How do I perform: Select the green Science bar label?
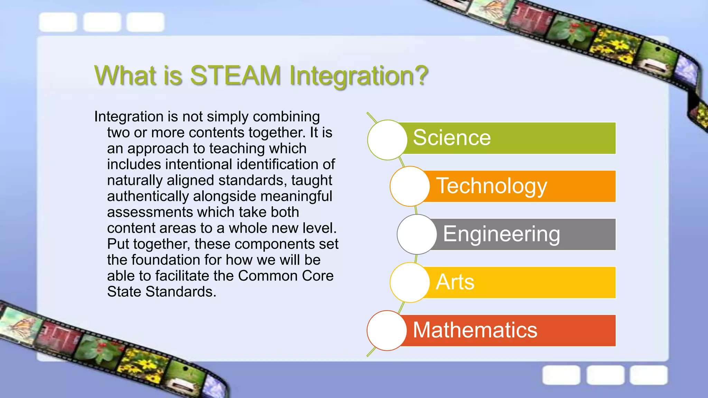(452, 138)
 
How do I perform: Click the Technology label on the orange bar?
(491, 186)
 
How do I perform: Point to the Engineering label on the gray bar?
(501, 234)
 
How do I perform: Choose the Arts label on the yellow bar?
(455, 282)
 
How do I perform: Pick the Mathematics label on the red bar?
(475, 330)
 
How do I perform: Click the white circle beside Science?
(388, 140)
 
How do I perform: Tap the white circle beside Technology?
(410, 186)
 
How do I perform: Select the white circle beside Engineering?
(417, 234)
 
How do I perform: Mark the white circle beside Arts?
(410, 282)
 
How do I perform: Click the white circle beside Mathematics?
(387, 330)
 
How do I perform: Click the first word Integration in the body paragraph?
(129, 117)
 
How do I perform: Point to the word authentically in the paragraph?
(148, 196)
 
